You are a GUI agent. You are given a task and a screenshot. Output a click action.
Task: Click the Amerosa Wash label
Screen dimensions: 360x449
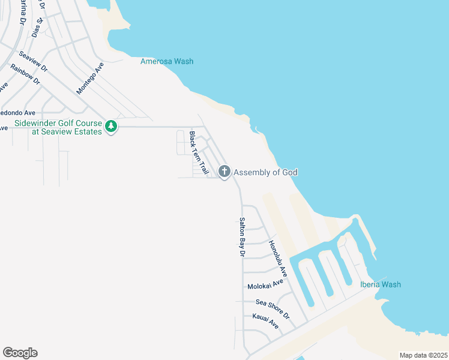(167, 61)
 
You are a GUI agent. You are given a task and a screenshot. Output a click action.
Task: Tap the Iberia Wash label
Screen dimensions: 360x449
(380, 284)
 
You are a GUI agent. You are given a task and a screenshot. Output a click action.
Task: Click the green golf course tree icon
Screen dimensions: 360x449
(110, 126)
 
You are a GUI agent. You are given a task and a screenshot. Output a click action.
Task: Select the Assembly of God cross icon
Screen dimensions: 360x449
(224, 172)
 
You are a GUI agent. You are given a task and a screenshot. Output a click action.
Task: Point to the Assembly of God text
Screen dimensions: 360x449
(265, 173)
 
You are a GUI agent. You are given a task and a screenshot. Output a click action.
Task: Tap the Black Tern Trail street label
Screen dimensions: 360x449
(199, 153)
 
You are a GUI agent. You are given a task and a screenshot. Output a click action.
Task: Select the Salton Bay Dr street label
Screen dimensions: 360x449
(242, 237)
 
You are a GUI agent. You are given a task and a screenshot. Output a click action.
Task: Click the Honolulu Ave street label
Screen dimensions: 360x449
(278, 259)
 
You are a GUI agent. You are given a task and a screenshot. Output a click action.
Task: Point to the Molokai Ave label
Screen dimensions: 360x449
(265, 284)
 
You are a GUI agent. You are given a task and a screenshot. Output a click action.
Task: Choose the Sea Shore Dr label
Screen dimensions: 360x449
(273, 308)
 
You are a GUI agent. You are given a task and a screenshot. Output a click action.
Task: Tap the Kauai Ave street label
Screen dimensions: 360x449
(265, 321)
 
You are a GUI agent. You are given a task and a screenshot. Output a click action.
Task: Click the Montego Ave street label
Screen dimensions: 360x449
(90, 78)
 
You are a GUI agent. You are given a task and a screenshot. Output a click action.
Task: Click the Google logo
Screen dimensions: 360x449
(20, 353)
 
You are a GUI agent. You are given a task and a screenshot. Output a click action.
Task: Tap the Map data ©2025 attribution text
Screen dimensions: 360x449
(423, 355)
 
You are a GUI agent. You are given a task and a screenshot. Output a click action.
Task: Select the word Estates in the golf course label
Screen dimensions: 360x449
(86, 132)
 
